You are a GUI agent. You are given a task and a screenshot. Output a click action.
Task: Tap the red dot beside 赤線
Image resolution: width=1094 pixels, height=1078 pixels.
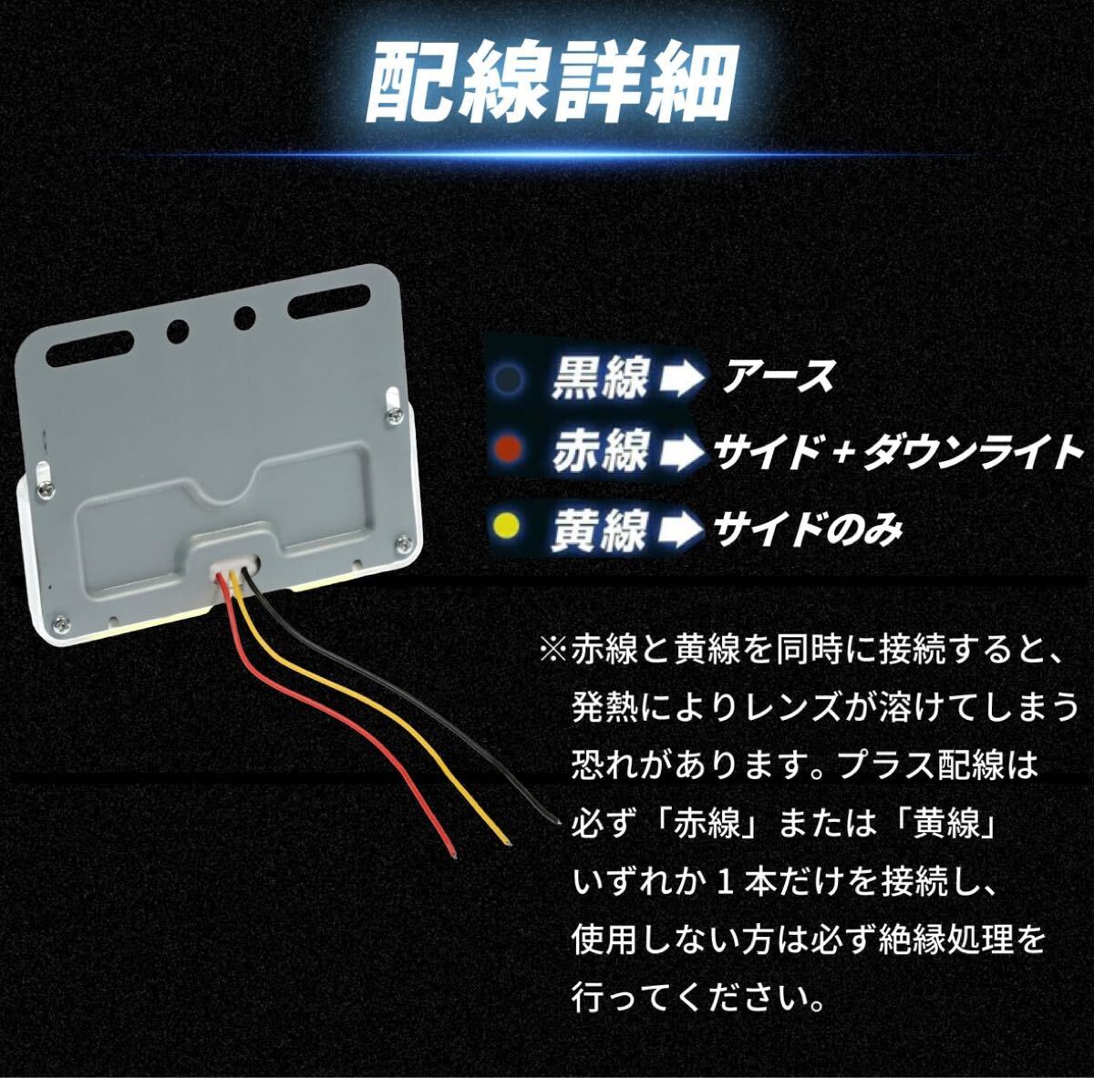(510, 450)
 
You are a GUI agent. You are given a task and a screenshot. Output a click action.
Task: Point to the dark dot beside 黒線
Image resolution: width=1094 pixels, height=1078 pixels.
(511, 376)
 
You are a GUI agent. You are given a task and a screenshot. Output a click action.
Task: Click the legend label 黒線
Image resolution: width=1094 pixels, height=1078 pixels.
(596, 376)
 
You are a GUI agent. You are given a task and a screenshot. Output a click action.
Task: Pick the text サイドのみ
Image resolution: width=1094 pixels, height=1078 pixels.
(808, 526)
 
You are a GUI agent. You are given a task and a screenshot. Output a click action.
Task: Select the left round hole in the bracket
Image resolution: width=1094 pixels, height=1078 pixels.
(175, 330)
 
